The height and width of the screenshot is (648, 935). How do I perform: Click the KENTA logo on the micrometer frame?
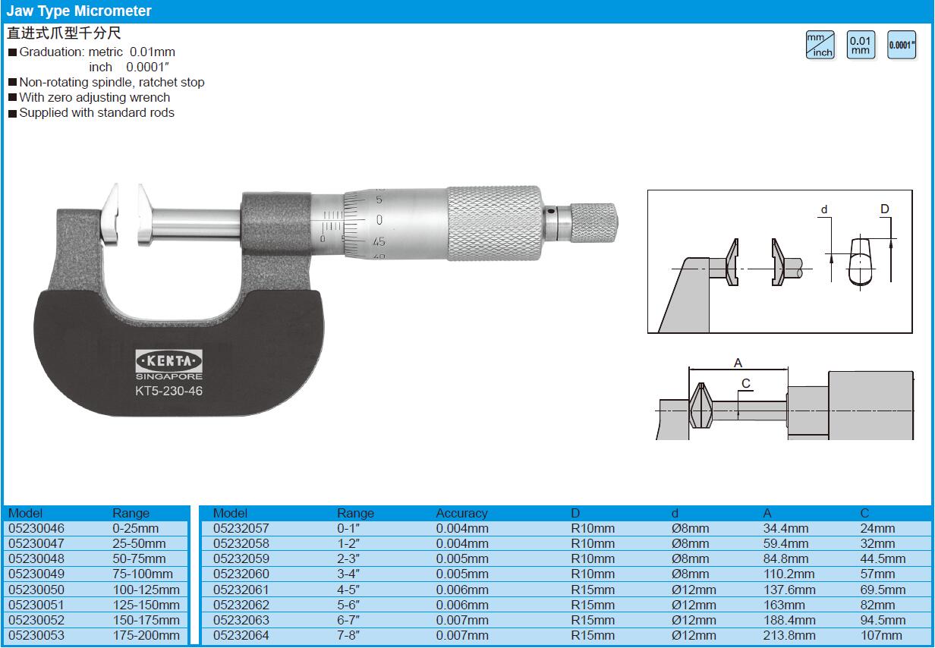click(x=169, y=360)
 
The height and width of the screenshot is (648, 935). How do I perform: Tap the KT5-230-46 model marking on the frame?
click(x=168, y=391)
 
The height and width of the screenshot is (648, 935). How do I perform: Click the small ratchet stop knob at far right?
click(x=593, y=223)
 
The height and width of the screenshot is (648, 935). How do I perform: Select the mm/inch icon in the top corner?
click(x=820, y=45)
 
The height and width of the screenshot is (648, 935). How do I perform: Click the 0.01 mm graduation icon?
click(x=861, y=45)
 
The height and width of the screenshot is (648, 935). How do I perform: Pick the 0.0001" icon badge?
click(x=901, y=45)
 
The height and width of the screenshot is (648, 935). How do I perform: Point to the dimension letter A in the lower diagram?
click(x=738, y=363)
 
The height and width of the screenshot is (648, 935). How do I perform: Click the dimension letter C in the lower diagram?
click(x=746, y=383)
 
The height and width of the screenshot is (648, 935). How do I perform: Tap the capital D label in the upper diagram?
click(x=884, y=209)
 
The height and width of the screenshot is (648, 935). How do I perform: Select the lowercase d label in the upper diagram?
click(x=824, y=209)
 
